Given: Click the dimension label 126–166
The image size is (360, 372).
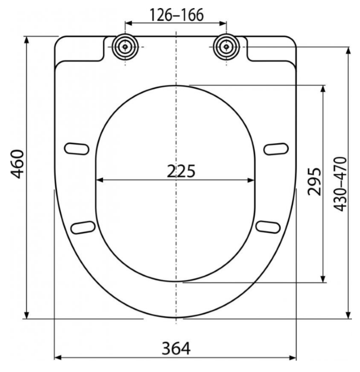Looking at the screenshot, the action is click(x=177, y=15).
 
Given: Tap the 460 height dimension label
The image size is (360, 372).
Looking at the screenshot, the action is click(x=18, y=164).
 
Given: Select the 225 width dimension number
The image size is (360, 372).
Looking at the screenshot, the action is click(x=181, y=171).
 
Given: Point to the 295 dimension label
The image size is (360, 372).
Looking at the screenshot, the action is click(x=314, y=181).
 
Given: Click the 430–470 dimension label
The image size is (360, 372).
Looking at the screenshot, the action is click(x=340, y=184).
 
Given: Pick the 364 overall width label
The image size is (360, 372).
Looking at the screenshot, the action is click(x=176, y=348).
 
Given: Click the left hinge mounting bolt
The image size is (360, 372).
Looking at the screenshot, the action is click(x=125, y=47).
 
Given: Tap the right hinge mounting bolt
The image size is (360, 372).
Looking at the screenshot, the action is click(x=226, y=47).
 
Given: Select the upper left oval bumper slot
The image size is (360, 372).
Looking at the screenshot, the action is click(x=77, y=149).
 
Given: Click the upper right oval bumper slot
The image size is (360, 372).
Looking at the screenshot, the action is click(x=276, y=149).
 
